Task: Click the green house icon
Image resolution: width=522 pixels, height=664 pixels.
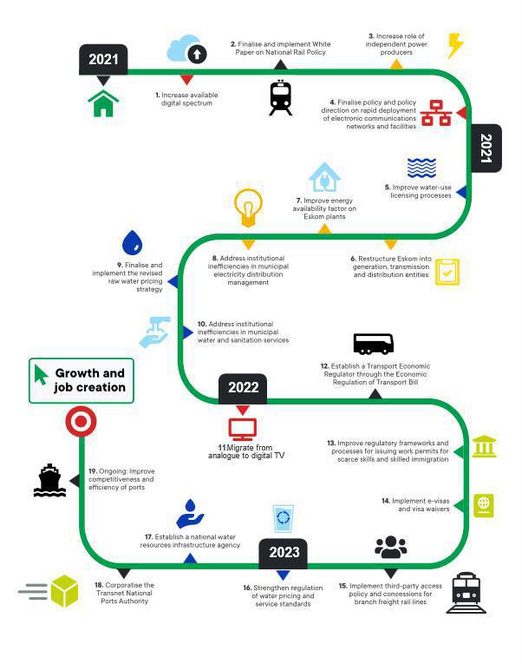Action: pos(103,103)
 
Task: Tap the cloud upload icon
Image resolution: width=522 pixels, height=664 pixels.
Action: pos(186,49)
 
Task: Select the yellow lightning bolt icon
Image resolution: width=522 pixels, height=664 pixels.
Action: pos(454,45)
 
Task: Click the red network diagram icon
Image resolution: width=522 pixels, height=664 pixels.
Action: pos(435,113)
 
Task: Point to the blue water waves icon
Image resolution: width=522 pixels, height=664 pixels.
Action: pos(421,168)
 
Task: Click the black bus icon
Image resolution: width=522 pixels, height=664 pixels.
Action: pos(374,344)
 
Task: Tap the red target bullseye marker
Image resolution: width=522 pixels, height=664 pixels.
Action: pos(81,422)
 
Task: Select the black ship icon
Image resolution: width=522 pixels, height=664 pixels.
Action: pos(49,481)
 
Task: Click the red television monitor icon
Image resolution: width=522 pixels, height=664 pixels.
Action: pos(243,429)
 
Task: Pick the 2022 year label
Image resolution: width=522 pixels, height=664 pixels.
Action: pos(243,388)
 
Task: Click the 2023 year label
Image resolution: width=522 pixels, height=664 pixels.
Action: pos(284,553)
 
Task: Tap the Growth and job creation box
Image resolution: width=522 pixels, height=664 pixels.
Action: pos(82,380)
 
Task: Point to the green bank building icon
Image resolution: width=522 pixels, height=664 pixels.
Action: pos(484,446)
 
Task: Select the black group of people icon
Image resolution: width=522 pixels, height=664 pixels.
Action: pos(391,547)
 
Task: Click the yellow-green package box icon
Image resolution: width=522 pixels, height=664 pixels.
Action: pos(64,591)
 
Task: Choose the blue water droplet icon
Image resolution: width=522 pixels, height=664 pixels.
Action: pos(132,242)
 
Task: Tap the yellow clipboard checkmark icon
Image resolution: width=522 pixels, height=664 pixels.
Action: pos(447,272)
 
